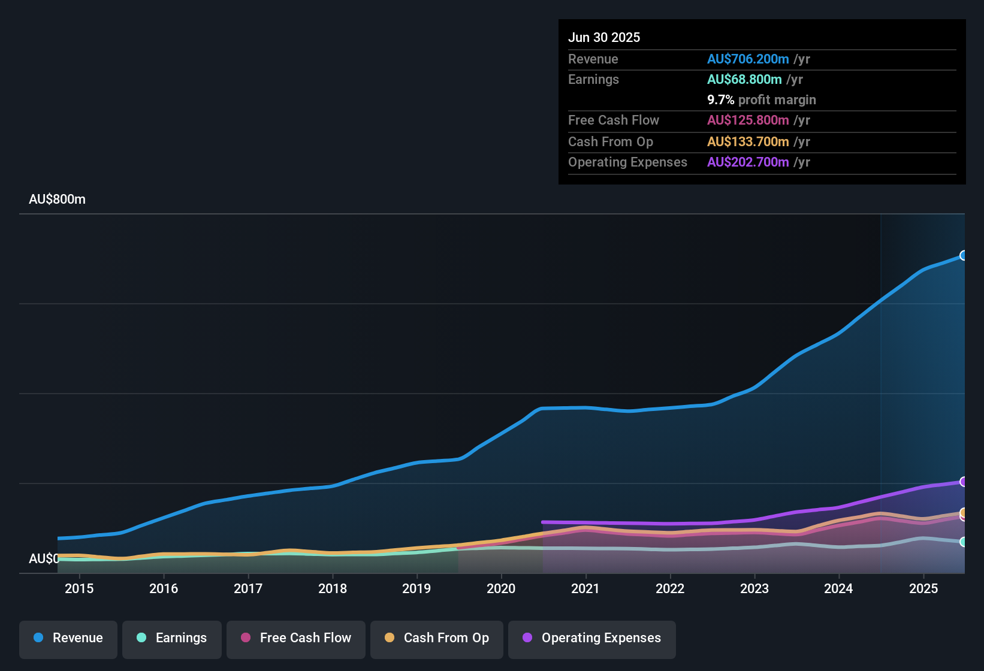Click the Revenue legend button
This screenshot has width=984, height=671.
pos(68,638)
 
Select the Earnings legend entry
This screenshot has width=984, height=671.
pos(171,638)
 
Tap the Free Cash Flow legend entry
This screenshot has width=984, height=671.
pos(295,638)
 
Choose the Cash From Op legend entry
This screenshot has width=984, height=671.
pos(436,638)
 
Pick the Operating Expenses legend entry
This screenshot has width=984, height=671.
pos(591,638)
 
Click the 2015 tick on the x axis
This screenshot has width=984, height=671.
pos(79,588)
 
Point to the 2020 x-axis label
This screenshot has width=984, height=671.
pos(501,588)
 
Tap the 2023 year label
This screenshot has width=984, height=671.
pos(754,588)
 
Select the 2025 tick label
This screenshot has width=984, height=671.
pos(923,588)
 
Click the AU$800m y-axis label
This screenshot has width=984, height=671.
pos(57,200)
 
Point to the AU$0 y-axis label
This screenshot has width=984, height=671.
pos(44,558)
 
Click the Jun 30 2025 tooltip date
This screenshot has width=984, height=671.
pos(604,37)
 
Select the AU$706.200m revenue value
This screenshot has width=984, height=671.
pos(747,59)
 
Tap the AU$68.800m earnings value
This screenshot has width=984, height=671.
pos(744,79)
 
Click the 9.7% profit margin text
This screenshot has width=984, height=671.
pos(761,99)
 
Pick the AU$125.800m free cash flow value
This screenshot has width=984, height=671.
pos(747,120)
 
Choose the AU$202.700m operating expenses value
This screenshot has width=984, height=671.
pos(747,162)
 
